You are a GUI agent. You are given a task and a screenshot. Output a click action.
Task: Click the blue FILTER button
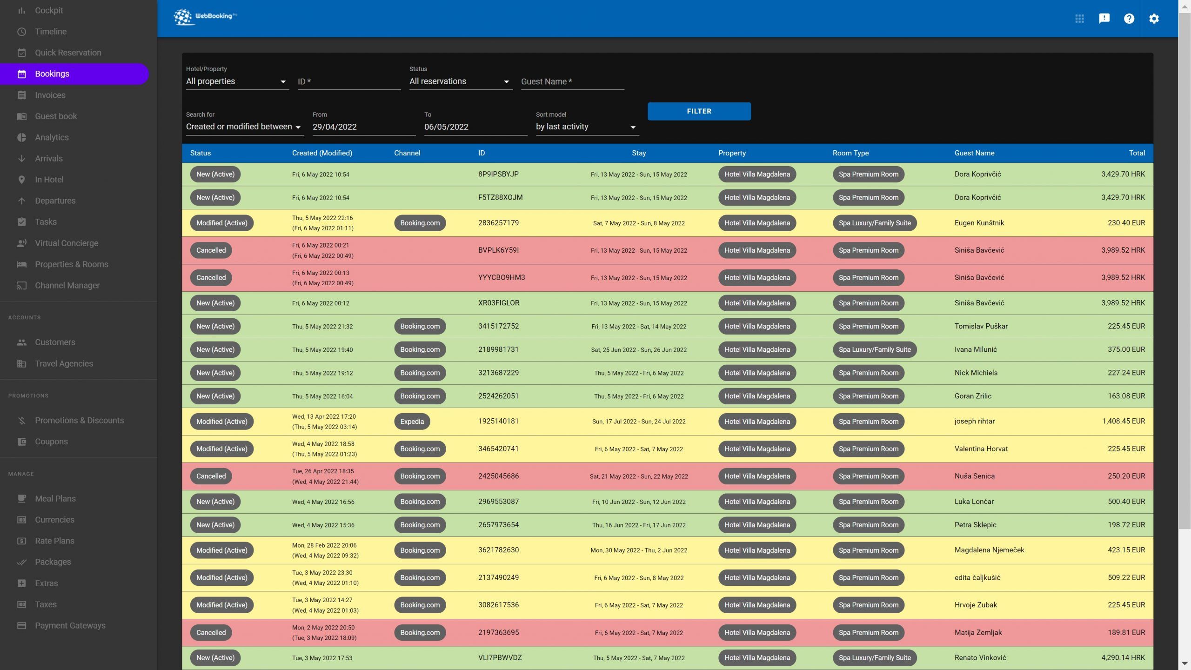699,111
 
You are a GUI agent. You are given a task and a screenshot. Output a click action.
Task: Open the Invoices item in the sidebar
50,95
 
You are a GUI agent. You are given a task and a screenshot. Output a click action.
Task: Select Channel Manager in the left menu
67,285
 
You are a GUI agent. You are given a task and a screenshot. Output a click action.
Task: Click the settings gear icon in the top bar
1154,19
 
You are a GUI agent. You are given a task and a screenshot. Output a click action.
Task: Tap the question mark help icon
1129,19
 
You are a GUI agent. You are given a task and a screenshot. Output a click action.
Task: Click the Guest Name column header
974,153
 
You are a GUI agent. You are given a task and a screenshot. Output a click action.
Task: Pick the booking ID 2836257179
498,223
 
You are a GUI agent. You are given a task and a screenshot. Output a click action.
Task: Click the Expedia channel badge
412,422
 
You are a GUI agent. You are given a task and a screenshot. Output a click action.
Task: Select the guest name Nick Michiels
976,373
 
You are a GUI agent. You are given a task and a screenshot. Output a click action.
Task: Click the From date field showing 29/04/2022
363,127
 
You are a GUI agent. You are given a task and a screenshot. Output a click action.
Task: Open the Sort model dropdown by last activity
586,127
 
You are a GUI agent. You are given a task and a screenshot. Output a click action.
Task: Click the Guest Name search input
572,81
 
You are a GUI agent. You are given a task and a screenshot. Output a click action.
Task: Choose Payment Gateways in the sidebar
70,625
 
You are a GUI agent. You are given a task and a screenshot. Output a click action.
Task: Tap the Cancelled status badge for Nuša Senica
211,476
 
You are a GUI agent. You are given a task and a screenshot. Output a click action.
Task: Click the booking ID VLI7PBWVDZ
500,657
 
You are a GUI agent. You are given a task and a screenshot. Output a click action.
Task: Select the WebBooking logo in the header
205,17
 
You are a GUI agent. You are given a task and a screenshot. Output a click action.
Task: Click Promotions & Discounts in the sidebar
79,420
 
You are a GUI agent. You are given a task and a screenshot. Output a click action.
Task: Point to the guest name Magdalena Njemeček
989,550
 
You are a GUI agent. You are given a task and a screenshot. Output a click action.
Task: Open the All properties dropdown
236,81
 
